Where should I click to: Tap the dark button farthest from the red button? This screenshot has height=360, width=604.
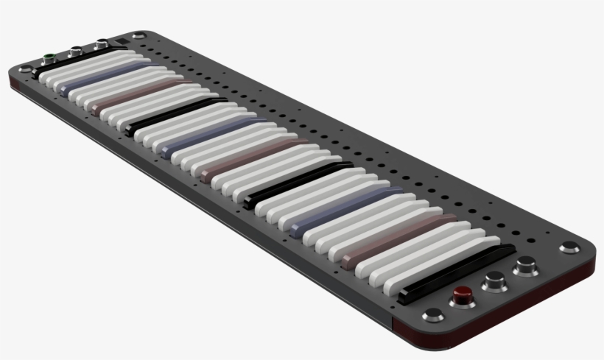click(525, 266)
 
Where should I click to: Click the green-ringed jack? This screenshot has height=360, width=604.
click(49, 57)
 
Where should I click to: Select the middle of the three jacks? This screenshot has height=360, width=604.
click(74, 52)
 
